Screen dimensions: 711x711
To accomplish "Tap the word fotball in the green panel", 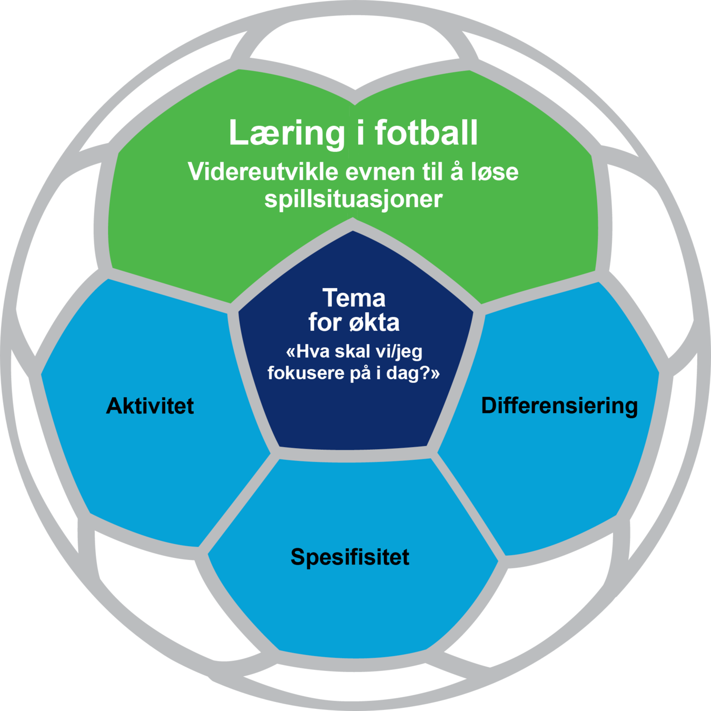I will pyautogui.click(x=426, y=133).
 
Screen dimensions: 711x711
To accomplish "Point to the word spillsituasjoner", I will pyautogui.click(x=353, y=199).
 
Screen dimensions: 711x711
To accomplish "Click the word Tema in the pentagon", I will pyautogui.click(x=354, y=298).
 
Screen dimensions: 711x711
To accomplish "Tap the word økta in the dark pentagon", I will pyautogui.click(x=374, y=322).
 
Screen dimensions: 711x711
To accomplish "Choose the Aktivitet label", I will pyautogui.click(x=150, y=406).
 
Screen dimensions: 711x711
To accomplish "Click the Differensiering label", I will pyautogui.click(x=559, y=406).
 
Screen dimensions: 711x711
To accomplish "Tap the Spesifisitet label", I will pyautogui.click(x=350, y=557).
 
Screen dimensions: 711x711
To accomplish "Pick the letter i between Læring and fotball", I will pyautogui.click(x=360, y=133).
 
